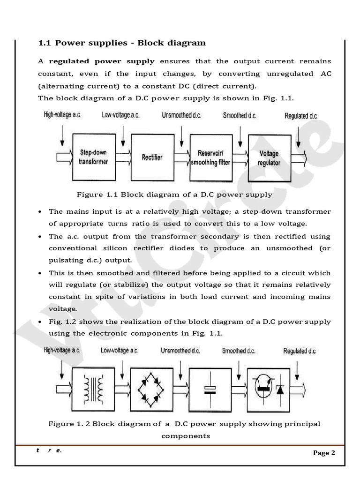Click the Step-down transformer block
[x=94, y=157]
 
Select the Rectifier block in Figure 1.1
[x=152, y=157]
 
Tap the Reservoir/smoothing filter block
[x=210, y=157]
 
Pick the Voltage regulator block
[x=269, y=158]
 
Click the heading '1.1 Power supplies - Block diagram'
[x=122, y=43]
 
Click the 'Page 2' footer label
[x=324, y=453]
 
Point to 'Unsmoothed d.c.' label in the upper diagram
[x=181, y=115]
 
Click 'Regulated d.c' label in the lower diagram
[x=299, y=351]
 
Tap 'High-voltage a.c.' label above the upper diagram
[x=62, y=115]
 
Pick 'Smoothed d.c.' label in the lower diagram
[x=239, y=351]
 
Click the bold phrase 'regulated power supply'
[x=102, y=61]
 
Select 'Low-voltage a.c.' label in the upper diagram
[x=120, y=115]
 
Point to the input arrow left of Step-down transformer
[x=64, y=155]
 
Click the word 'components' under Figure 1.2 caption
[x=186, y=436]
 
